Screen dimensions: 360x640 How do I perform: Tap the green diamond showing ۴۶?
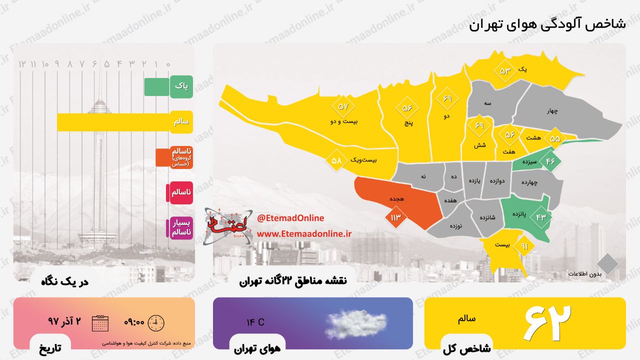(551, 161)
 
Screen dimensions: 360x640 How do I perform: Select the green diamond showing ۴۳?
(540, 217)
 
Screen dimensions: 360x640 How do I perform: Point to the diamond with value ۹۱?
(524, 246)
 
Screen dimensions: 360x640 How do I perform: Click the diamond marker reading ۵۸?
(336, 161)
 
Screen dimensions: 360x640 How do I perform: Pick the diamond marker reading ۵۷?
(343, 106)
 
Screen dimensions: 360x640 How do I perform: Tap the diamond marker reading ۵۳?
(505, 70)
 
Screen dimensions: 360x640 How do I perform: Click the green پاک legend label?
(181, 86)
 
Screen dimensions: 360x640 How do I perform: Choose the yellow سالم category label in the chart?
(181, 122)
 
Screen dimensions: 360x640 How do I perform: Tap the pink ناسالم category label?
(179, 192)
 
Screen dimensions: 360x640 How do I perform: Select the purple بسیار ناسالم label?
(179, 228)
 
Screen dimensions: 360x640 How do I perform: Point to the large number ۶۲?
(547, 322)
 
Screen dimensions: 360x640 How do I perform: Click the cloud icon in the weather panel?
(355, 323)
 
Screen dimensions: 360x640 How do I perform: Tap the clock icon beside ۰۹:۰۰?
(156, 322)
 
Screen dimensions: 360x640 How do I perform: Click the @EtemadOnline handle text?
(290, 218)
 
